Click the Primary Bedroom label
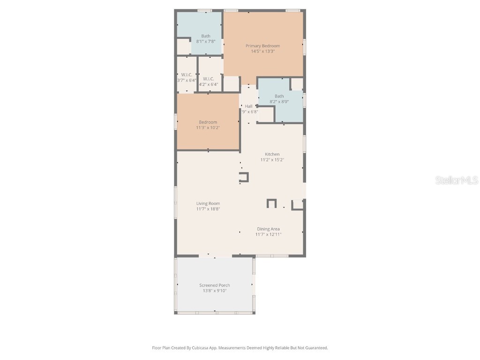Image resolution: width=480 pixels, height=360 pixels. (x=262, y=46)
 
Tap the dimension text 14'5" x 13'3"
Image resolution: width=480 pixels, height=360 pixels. (x=262, y=52)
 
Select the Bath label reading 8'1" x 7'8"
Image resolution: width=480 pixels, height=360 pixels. (x=206, y=36)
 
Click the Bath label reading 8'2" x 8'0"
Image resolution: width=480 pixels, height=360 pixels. (x=279, y=96)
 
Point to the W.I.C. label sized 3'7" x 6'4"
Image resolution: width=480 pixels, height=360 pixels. (x=187, y=75)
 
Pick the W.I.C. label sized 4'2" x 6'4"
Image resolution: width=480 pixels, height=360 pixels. (x=209, y=79)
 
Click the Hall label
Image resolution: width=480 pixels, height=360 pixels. (x=248, y=106)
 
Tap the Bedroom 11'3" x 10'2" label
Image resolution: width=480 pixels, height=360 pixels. (x=208, y=122)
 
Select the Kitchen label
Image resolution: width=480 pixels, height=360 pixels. (x=272, y=154)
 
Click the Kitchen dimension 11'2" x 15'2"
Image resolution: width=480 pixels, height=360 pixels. (x=272, y=160)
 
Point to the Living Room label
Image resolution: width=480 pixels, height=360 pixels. (x=208, y=203)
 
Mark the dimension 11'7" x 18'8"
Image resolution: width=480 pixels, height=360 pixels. (x=208, y=209)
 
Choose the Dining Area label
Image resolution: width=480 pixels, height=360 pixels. (x=268, y=229)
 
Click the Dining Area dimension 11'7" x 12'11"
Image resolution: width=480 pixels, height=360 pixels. (x=268, y=234)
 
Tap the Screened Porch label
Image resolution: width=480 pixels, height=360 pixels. (x=214, y=285)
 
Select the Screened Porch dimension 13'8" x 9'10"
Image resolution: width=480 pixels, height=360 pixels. (x=214, y=291)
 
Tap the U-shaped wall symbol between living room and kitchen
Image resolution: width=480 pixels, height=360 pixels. (x=244, y=177)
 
